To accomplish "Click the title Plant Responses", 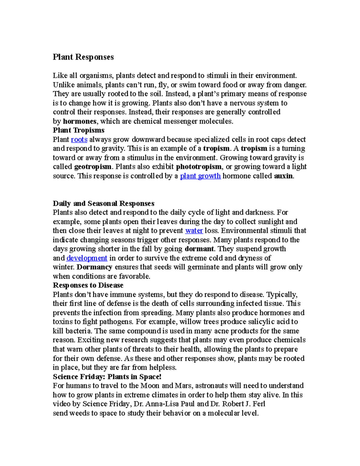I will pyautogui.click(x=83, y=57).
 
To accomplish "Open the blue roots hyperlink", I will pyautogui.click(x=79, y=140).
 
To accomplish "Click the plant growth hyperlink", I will pyautogui.click(x=200, y=176).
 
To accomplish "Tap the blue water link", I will pyautogui.click(x=194, y=231).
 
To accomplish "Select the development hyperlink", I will pyautogui.click(x=87, y=258).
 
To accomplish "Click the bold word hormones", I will pyautogui.click(x=79, y=121).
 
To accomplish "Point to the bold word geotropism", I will pyautogui.click(x=93, y=167).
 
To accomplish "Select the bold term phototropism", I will pyautogui.click(x=199, y=167).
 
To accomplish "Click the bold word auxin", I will pyautogui.click(x=283, y=176).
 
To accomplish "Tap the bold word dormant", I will pyautogui.click(x=199, y=249).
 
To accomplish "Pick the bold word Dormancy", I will pyautogui.click(x=94, y=267).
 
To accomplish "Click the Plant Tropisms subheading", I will pyautogui.click(x=79, y=130).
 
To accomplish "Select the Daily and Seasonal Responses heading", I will pyautogui.click(x=103, y=203).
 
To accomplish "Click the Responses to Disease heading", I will pyautogui.click(x=88, y=285).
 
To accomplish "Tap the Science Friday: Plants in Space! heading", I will pyautogui.click(x=107, y=377).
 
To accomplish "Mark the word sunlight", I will pyautogui.click(x=267, y=222).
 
